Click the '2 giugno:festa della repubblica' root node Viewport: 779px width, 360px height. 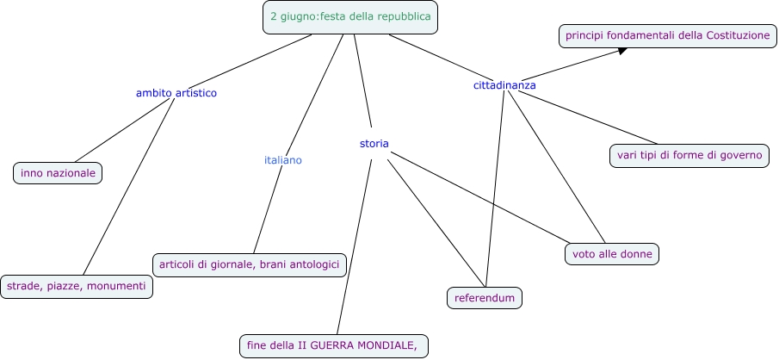(x=350, y=16)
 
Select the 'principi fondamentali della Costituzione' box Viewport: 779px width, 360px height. (x=667, y=35)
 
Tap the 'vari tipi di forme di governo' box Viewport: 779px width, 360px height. (x=689, y=156)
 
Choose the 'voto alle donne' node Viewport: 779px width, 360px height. (x=612, y=253)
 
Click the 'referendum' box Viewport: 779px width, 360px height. (x=485, y=298)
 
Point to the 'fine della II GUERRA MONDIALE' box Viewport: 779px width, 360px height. (x=334, y=345)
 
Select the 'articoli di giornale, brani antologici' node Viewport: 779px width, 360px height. (x=249, y=264)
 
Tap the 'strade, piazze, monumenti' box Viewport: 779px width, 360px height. (x=77, y=286)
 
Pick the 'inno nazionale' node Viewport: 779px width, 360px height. (x=58, y=173)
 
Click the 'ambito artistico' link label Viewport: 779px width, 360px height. (x=176, y=92)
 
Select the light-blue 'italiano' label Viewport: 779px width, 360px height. (x=283, y=160)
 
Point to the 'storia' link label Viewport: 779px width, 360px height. (x=374, y=143)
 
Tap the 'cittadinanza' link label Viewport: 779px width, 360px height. (x=504, y=85)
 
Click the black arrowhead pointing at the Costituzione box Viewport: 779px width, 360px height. (x=621, y=52)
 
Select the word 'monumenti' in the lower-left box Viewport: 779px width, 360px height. (x=117, y=286)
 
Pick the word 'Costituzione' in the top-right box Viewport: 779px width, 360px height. (x=738, y=35)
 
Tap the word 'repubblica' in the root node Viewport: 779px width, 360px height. (x=402, y=16)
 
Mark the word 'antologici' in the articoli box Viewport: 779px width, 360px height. (x=312, y=264)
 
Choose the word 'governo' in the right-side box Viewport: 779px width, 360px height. (x=741, y=156)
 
